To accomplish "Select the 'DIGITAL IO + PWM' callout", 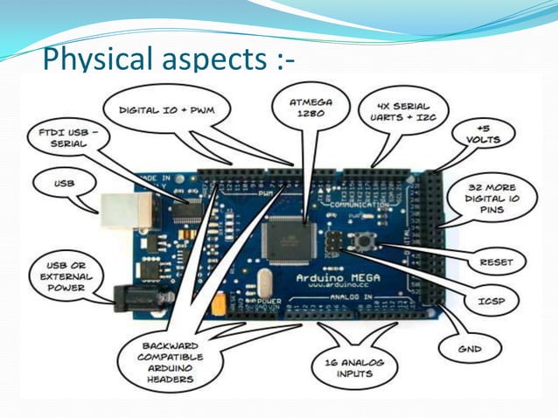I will coord(165,110).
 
